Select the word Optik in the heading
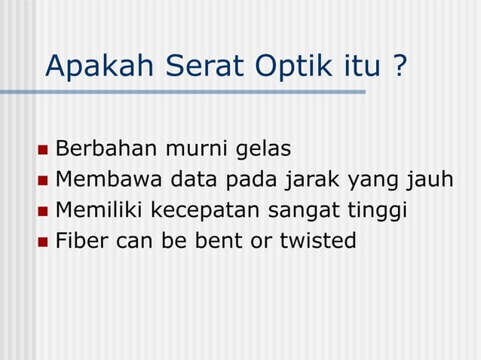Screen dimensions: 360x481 click(x=279, y=68)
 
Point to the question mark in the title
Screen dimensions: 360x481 click(x=400, y=67)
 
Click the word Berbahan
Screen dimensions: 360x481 click(x=106, y=148)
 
